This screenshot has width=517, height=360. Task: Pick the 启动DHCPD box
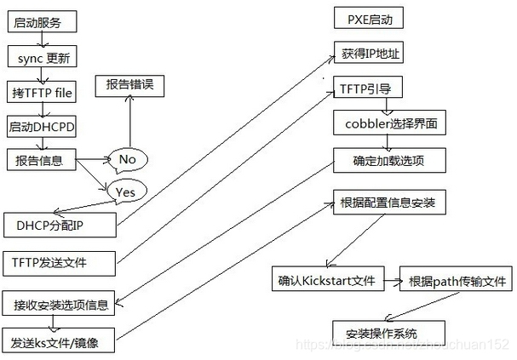pos(42,127)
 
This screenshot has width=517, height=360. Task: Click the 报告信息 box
pos(40,159)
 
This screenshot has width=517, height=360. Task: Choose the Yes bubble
pos(125,191)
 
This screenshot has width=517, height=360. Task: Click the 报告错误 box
pos(129,85)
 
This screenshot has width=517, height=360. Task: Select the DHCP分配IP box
pos(60,226)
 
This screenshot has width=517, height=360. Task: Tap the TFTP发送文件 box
pos(60,262)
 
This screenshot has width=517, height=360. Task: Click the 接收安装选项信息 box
pos(60,304)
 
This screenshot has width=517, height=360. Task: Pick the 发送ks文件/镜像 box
pos(60,341)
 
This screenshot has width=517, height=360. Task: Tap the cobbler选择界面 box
pos(388,123)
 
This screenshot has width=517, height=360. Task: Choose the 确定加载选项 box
pos(388,159)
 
